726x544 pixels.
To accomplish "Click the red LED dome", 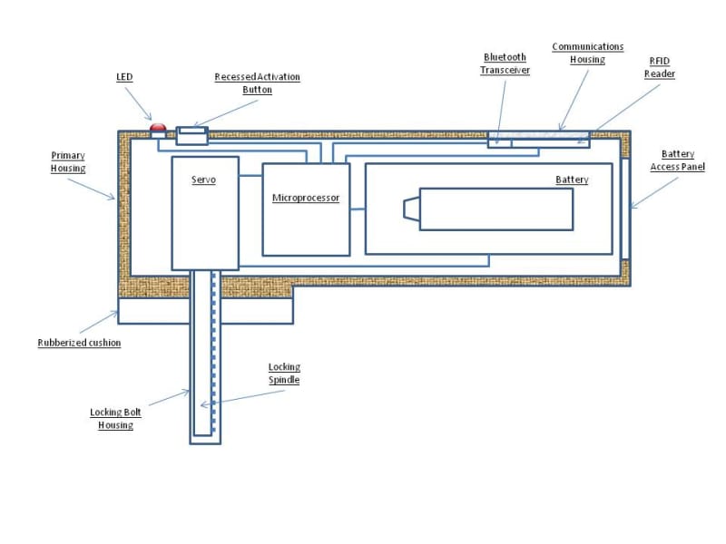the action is click(158, 128).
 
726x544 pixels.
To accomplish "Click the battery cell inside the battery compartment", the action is click(495, 209).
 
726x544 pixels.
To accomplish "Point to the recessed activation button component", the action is click(191, 135).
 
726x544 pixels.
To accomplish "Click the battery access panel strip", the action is click(625, 209).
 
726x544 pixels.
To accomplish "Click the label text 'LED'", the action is click(124, 77).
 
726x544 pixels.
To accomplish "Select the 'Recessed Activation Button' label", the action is click(257, 83).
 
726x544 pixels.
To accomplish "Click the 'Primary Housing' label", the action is click(68, 161).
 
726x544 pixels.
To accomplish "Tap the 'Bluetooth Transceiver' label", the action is click(505, 63).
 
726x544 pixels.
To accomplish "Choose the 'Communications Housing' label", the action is click(587, 53).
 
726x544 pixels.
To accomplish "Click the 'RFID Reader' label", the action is click(660, 67).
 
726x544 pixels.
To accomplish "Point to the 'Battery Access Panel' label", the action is click(677, 160).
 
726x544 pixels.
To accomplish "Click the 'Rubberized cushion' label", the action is click(79, 343).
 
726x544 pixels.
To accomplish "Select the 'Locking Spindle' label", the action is click(284, 374).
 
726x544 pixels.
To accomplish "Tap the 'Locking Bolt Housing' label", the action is click(116, 418).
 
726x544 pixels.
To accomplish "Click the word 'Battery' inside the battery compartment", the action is click(572, 180).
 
